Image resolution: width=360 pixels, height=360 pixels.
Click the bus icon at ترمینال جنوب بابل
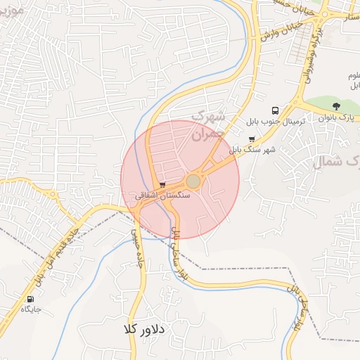(x=274, y=110)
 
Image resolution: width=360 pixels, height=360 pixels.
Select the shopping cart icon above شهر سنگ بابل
(x=252, y=139)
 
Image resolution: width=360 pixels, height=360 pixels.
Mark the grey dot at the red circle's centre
(x=193, y=181)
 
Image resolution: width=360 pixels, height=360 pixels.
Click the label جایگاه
(x=31, y=309)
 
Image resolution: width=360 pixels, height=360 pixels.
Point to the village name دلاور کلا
(x=143, y=329)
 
